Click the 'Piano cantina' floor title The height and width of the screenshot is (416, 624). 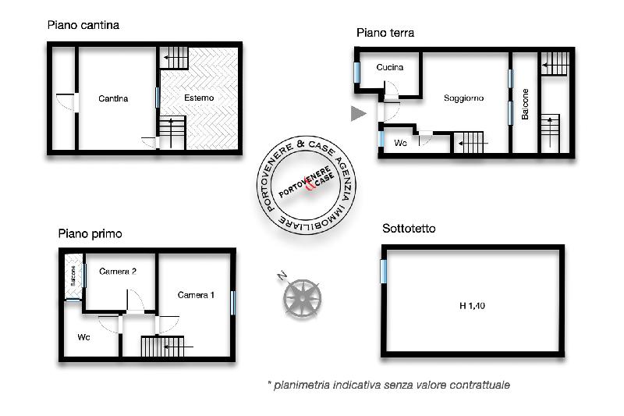83,25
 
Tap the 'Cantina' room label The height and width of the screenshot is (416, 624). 113,98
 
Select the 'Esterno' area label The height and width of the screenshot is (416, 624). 199,98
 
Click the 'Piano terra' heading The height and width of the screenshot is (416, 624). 385,33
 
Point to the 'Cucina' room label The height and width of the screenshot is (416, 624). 390,67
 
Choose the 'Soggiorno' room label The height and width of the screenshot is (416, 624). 463,98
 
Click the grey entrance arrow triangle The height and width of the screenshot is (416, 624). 358,113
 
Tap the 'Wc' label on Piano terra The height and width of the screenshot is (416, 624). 400,143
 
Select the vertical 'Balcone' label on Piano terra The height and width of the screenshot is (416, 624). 525,104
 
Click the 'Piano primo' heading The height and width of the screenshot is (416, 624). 90,233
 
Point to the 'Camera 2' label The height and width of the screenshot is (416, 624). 118,272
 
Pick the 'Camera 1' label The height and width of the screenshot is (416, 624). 196,295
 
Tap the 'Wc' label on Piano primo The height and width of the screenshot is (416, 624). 83,337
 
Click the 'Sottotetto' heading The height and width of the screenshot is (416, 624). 409,229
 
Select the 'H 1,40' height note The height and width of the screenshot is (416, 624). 472,306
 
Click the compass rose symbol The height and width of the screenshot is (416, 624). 302,297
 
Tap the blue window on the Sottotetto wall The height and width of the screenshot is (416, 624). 383,271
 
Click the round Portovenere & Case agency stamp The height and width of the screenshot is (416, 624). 306,185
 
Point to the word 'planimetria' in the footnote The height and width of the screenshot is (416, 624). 302,385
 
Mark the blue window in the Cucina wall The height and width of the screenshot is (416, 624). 357,72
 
